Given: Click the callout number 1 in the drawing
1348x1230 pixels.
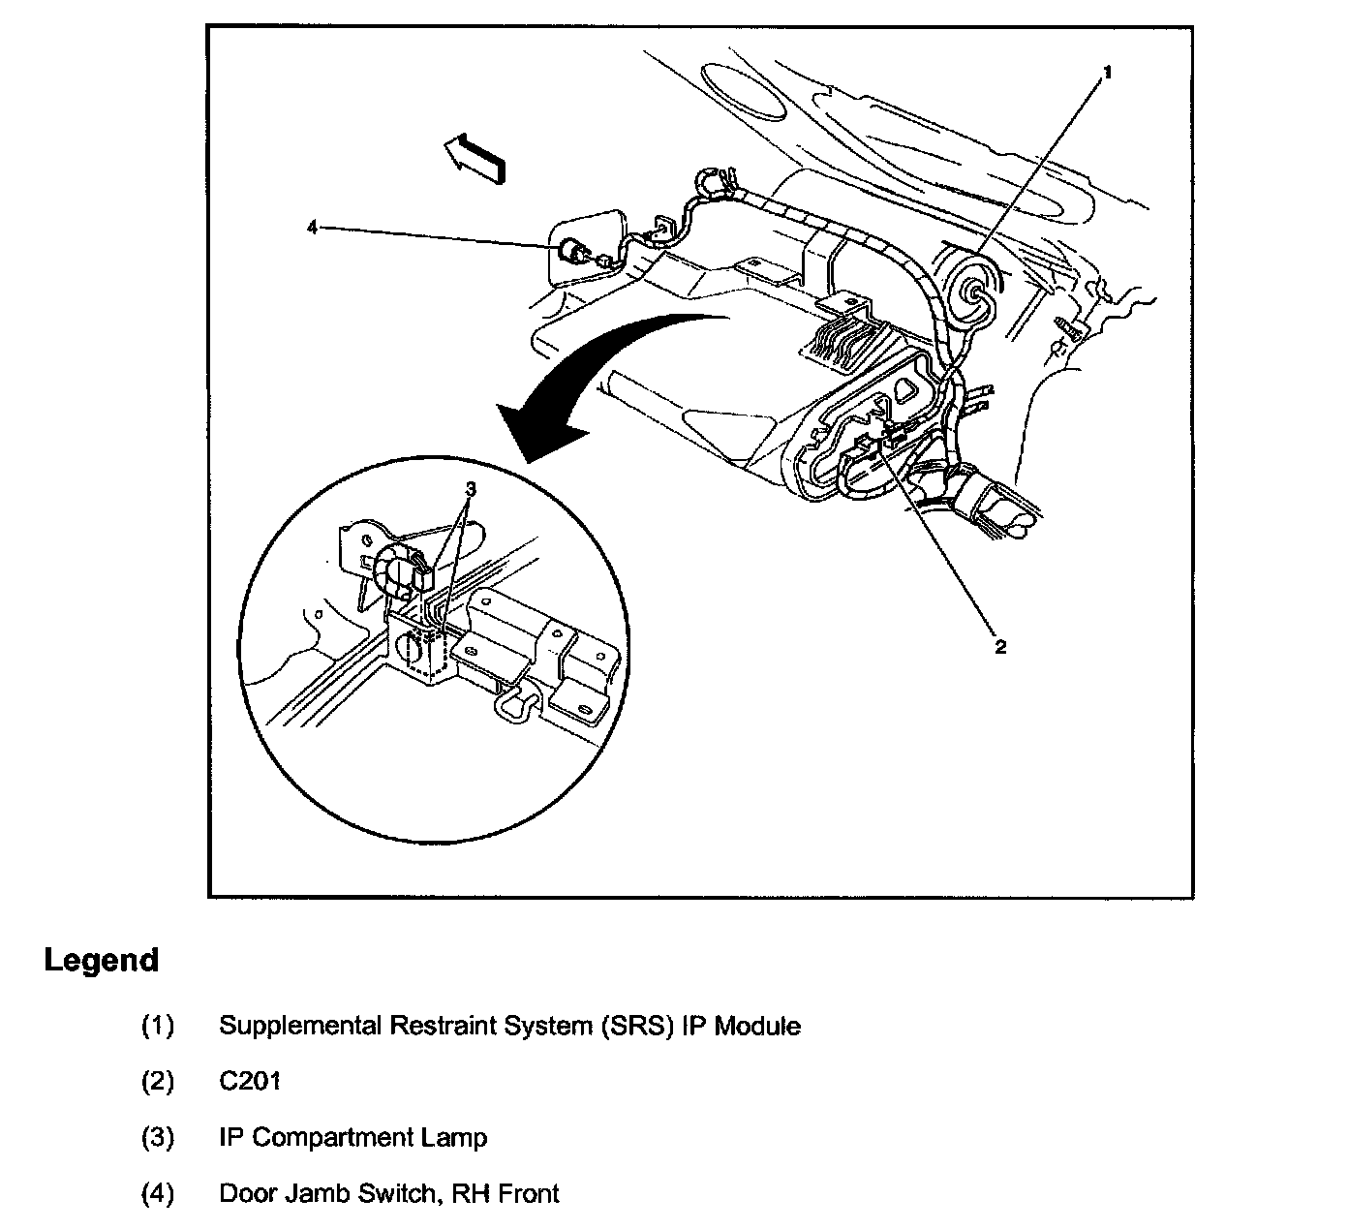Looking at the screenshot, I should click(1109, 73).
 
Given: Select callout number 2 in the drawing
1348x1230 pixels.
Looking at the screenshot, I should click(1000, 647).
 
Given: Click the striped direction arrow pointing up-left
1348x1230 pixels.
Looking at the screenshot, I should click(475, 157).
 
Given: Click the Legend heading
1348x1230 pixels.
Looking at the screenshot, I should click(101, 961).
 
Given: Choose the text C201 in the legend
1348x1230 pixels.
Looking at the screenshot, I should click(250, 1081).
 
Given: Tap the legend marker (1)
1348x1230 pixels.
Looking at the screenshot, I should click(158, 1025).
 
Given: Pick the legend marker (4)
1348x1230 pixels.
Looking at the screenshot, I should click(158, 1193).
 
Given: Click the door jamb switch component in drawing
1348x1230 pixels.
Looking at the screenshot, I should click(577, 253).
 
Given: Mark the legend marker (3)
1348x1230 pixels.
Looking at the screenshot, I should click(158, 1137).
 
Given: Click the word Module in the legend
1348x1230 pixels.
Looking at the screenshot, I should click(757, 1025).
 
